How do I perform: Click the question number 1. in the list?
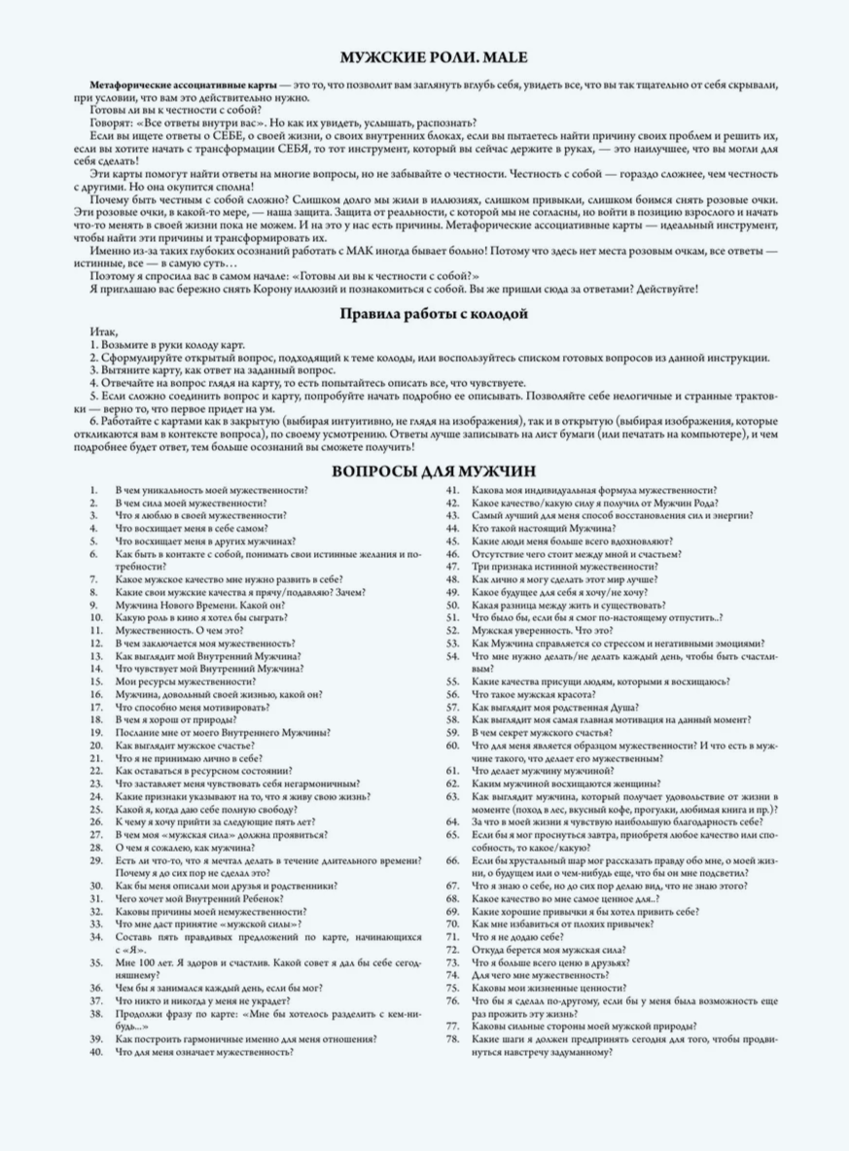tap(93, 490)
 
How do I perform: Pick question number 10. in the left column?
tap(95, 616)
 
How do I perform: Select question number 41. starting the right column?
tap(451, 490)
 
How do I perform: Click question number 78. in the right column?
tap(451, 1038)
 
